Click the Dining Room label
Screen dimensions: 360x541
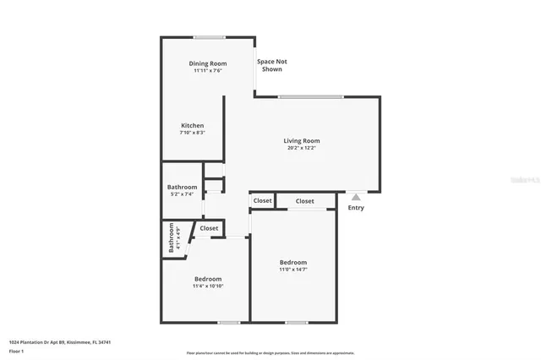tap(207, 63)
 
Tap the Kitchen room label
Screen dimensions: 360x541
tap(192, 126)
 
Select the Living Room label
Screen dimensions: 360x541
tap(302, 141)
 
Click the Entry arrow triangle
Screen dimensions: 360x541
tap(356, 197)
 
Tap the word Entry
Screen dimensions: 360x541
tap(356, 208)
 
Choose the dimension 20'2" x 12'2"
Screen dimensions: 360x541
tap(302, 149)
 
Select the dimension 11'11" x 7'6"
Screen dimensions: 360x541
tap(207, 71)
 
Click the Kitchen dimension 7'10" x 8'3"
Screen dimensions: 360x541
tap(192, 133)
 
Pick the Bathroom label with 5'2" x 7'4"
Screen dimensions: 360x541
tap(182, 187)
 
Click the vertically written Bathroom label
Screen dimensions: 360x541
tap(172, 237)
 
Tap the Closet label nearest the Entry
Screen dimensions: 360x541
tap(305, 201)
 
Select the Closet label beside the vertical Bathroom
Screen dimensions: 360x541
tap(209, 228)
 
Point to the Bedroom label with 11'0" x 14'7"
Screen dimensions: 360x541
tap(293, 263)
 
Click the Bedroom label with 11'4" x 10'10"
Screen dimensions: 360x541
tap(208, 279)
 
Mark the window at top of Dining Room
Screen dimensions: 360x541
tap(209, 37)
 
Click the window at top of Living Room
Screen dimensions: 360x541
tap(310, 96)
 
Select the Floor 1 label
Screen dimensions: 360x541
tap(16, 350)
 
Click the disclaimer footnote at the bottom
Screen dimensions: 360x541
tap(270, 353)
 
